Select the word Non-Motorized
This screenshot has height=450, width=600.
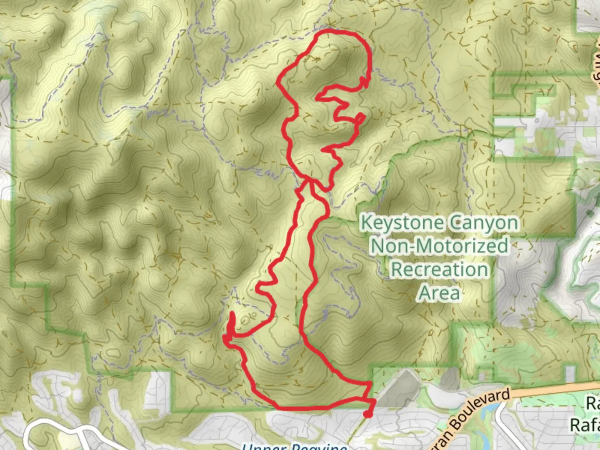[x=439, y=245]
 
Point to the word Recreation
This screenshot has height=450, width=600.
[x=439, y=269]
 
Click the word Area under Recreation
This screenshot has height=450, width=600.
[x=439, y=293]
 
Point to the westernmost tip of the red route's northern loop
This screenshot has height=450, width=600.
[x=278, y=83]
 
